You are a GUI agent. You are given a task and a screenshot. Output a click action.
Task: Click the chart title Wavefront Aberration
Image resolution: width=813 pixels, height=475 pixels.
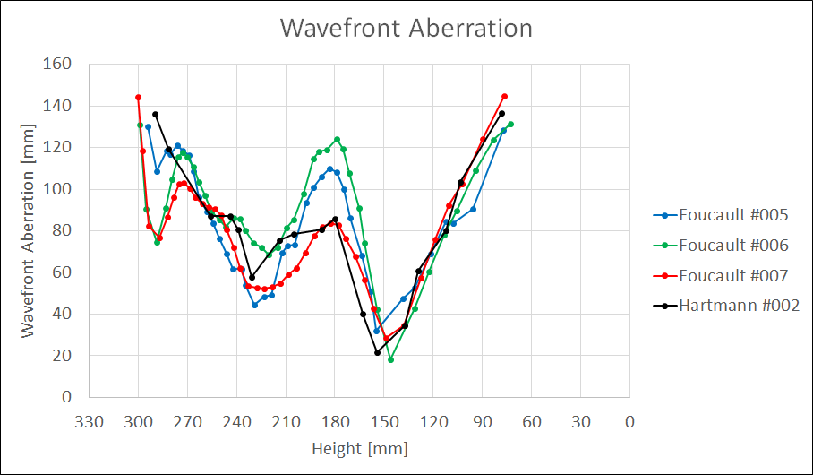[406, 28]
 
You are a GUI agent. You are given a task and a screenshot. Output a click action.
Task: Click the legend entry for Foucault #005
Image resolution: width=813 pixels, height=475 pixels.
[732, 214]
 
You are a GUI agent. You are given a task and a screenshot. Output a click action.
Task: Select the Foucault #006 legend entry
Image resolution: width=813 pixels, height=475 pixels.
[732, 245]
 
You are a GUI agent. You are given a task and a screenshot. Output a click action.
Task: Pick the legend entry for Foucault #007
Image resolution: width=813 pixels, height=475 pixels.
[732, 275]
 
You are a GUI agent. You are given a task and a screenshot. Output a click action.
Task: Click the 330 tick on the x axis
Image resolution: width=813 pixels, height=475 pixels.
[90, 421]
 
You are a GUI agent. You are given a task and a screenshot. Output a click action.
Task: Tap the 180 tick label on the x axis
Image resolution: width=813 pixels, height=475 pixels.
[335, 421]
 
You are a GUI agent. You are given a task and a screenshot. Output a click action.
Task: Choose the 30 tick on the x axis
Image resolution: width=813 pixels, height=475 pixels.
[581, 421]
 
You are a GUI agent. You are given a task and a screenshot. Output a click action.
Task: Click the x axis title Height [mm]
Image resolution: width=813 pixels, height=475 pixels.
[359, 447]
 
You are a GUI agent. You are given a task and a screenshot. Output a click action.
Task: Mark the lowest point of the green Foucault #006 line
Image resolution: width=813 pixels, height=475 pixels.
[390, 359]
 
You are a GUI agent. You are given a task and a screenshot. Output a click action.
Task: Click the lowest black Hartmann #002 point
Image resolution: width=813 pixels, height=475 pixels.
[377, 352]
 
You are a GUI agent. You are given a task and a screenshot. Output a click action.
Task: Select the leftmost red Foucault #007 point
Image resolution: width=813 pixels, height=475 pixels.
[138, 97]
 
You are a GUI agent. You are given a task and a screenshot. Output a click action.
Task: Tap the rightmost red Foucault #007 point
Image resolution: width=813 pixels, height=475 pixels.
[505, 96]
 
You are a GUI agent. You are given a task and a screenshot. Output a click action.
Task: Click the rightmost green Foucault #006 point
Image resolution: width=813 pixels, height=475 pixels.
[510, 124]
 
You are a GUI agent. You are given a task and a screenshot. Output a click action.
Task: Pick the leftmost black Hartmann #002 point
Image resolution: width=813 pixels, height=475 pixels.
[155, 114]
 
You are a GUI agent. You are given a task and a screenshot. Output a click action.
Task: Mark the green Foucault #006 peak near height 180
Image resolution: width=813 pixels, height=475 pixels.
[337, 139]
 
